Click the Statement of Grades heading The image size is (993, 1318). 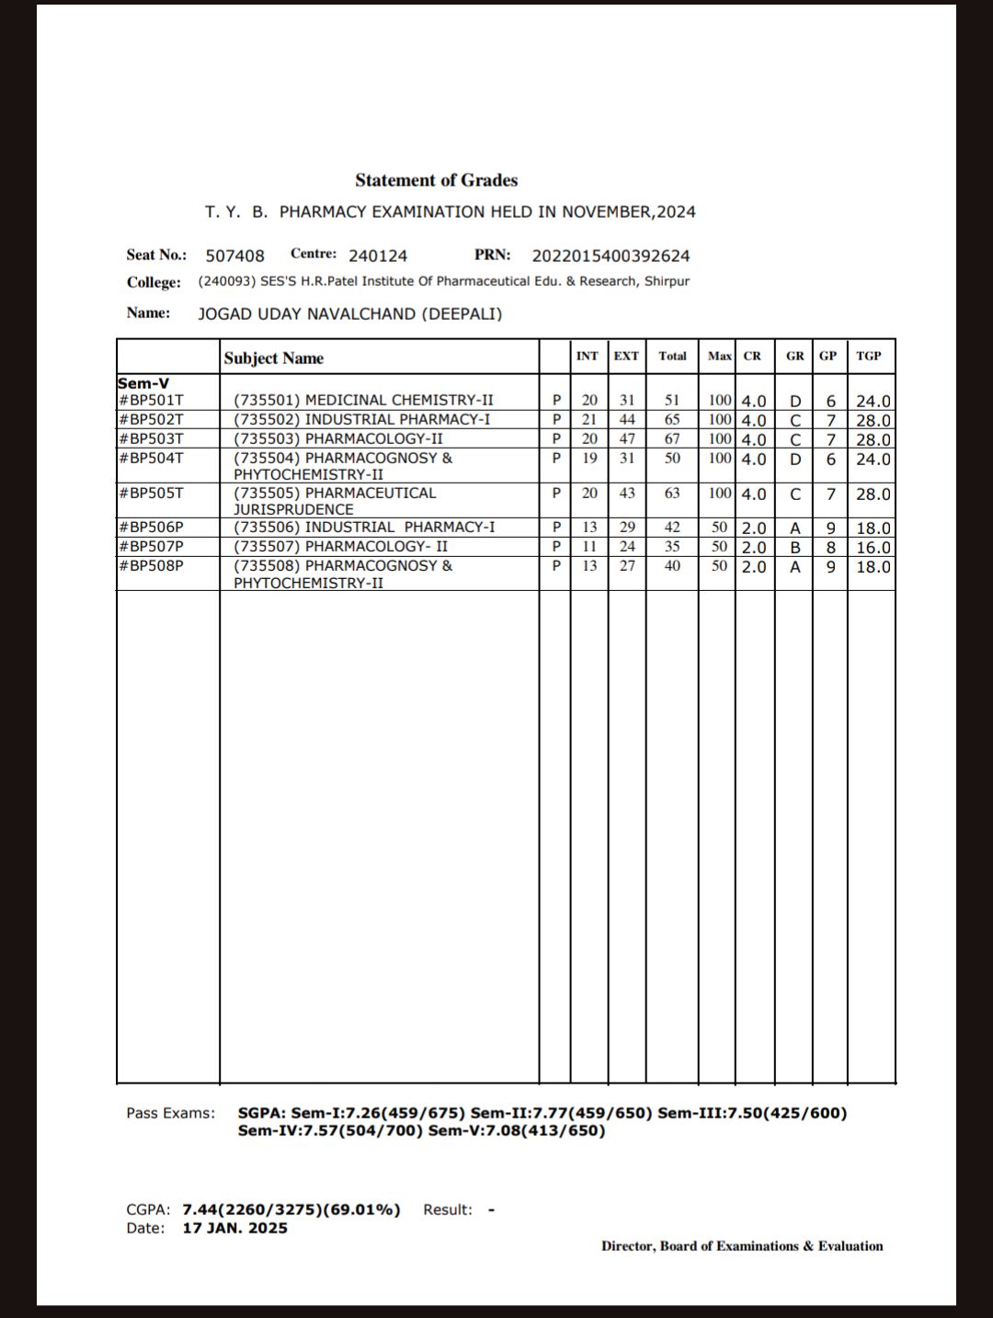coord(436,180)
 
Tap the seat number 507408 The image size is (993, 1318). coord(234,256)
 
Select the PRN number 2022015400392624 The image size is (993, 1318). coord(611,256)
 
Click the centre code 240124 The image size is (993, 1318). coord(377,256)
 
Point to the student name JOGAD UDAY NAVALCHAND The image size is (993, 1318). coord(349,313)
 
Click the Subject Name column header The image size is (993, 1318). coord(273,358)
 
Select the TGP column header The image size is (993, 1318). coord(868,356)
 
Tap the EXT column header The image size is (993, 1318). coord(626,356)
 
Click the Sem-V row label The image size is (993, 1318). coord(143,383)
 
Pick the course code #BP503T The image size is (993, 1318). coord(151,438)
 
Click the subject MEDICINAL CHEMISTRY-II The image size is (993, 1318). coord(363,400)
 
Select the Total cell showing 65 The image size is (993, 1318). coord(672,419)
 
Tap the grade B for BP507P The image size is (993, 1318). coord(794,548)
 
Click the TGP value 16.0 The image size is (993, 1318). coord(873,548)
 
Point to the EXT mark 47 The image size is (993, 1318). coord(626,438)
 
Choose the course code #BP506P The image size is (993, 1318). coord(151,528)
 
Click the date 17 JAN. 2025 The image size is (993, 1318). coord(234,1228)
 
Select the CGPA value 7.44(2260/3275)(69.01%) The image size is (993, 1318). coord(291,1210)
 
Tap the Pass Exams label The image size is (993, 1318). coord(170,1113)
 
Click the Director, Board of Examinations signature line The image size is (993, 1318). coord(742,1246)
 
